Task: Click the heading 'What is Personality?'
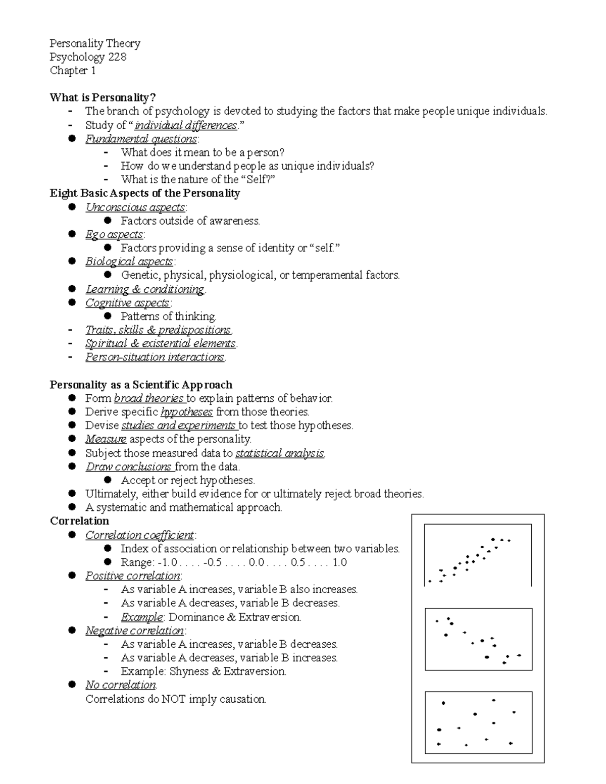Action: [x=103, y=97]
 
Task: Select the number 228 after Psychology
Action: [x=117, y=57]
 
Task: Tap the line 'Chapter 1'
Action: [x=73, y=71]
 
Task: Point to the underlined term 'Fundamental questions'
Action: [x=141, y=139]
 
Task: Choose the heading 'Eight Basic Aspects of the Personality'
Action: [x=144, y=193]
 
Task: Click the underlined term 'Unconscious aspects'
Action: [x=135, y=207]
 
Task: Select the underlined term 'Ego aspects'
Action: [x=114, y=234]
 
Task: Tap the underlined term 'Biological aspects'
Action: [x=129, y=262]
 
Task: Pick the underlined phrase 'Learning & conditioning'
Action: [x=144, y=289]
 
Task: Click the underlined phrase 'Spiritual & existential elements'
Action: [x=160, y=344]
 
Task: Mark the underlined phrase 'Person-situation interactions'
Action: [x=155, y=357]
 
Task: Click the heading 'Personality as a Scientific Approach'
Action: [x=141, y=385]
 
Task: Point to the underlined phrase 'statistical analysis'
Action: [x=280, y=453]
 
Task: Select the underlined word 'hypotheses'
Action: [x=186, y=412]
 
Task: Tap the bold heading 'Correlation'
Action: [x=79, y=521]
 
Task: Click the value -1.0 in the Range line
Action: [x=167, y=562]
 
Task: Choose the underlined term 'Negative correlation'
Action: [x=134, y=631]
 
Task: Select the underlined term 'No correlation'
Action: [x=121, y=685]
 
